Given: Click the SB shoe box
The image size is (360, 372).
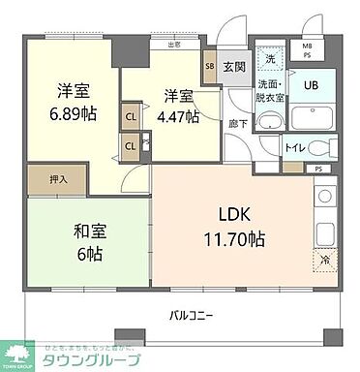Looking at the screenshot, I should click(208, 66).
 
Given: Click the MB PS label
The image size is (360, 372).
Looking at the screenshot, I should click(308, 49).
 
